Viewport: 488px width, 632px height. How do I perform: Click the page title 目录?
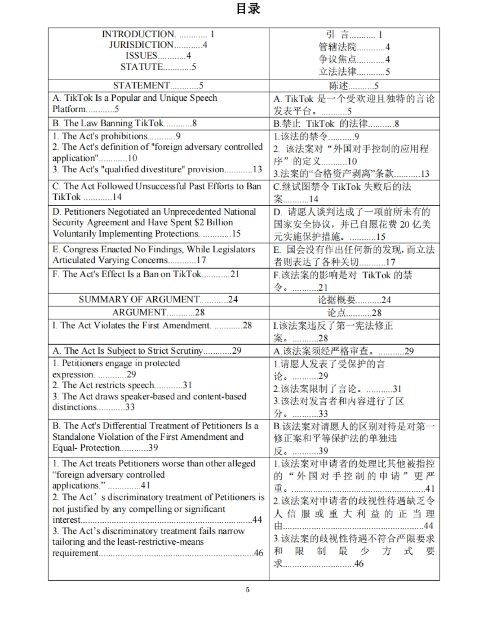(x=248, y=9)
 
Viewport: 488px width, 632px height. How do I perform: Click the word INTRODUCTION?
(x=138, y=34)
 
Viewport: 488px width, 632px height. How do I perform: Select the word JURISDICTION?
(x=141, y=45)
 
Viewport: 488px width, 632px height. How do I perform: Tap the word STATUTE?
(x=142, y=67)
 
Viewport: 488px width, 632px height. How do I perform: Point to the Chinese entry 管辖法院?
(x=338, y=47)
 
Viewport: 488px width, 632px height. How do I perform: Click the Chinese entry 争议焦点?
(x=338, y=59)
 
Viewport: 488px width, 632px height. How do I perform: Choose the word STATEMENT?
(x=141, y=85)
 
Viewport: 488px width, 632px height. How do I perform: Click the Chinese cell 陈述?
(x=339, y=86)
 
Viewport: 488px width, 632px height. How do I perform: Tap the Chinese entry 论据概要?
(x=337, y=300)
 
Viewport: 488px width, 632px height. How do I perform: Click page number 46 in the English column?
(x=259, y=553)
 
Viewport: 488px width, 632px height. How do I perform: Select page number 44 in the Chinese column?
(x=429, y=526)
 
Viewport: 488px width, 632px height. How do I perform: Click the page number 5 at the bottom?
(x=248, y=590)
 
